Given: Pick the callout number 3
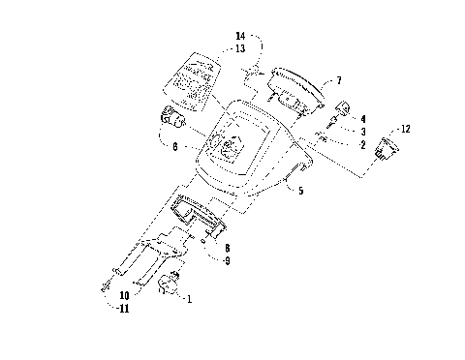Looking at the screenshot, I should click(x=363, y=131).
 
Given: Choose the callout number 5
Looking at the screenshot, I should click(x=300, y=192).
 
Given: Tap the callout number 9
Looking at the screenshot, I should click(x=227, y=261).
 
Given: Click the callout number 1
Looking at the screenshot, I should click(x=189, y=300).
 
